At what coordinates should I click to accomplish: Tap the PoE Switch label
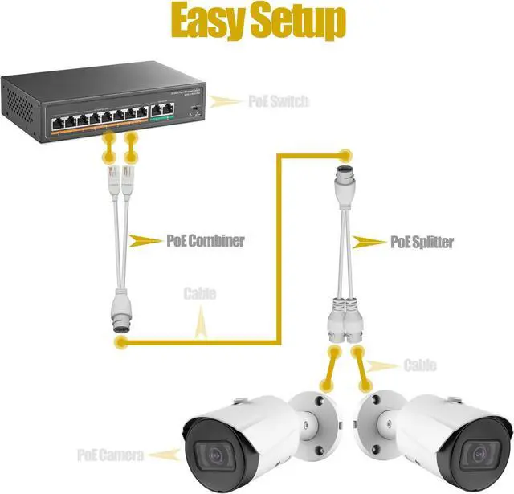tap(278, 101)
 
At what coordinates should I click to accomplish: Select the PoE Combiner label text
tap(205, 239)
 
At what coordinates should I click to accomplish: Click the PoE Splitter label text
tap(422, 241)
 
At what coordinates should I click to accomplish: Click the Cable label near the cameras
tap(419, 365)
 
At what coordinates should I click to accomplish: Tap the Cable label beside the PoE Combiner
tap(199, 294)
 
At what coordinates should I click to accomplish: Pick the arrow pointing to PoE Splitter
tap(369, 241)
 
